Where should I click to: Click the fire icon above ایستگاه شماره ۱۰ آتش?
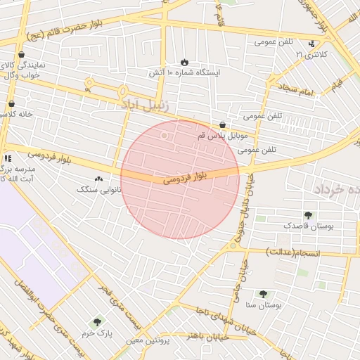[184, 63]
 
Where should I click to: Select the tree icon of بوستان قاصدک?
[308, 215]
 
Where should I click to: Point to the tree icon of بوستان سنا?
[263, 295]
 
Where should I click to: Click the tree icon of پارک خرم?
[97, 322]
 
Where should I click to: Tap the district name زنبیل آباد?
[143, 105]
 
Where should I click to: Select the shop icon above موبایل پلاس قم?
[222, 124]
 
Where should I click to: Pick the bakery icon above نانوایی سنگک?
[98, 180]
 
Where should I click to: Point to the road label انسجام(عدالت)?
[293, 252]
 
